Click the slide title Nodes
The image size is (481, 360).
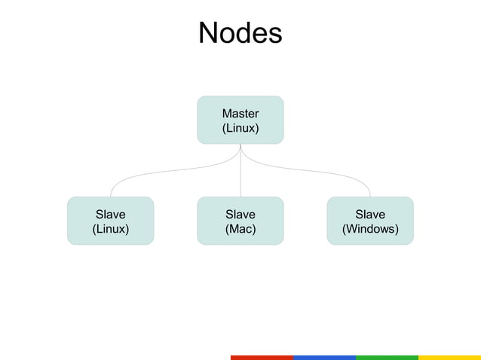point(240,33)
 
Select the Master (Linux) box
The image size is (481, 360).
point(240,120)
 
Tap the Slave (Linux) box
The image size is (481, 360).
point(110,221)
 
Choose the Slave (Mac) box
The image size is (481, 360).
point(240,221)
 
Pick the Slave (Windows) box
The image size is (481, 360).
point(370,221)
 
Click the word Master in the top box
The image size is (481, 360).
point(240,114)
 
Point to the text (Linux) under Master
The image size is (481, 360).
point(240,128)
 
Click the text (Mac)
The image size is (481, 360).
point(240,229)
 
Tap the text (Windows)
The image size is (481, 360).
point(370,229)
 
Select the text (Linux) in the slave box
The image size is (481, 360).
point(110,229)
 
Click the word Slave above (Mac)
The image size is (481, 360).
point(240,215)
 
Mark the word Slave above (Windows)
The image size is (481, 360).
point(370,215)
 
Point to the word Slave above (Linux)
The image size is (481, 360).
point(110,215)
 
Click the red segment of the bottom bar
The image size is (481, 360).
point(261,357)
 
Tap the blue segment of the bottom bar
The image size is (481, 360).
point(323,357)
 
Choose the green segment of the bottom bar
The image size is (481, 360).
point(386,357)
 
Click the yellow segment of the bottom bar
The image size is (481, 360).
point(449,357)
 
